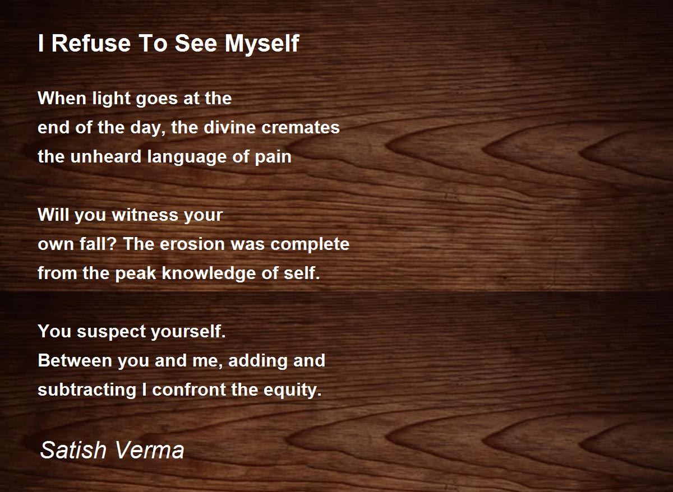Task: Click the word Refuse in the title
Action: [x=91, y=43]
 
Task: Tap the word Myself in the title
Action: [x=262, y=44]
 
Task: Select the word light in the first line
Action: [x=112, y=99]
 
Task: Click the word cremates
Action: [x=300, y=128]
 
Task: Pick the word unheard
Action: [x=105, y=156]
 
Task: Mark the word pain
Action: [x=273, y=157]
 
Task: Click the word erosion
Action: [x=192, y=244]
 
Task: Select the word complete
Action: [x=310, y=245]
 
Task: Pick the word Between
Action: [x=75, y=360]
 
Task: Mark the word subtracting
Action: [x=87, y=390]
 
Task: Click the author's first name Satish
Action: [x=73, y=449]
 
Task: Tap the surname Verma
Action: [x=149, y=449]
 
